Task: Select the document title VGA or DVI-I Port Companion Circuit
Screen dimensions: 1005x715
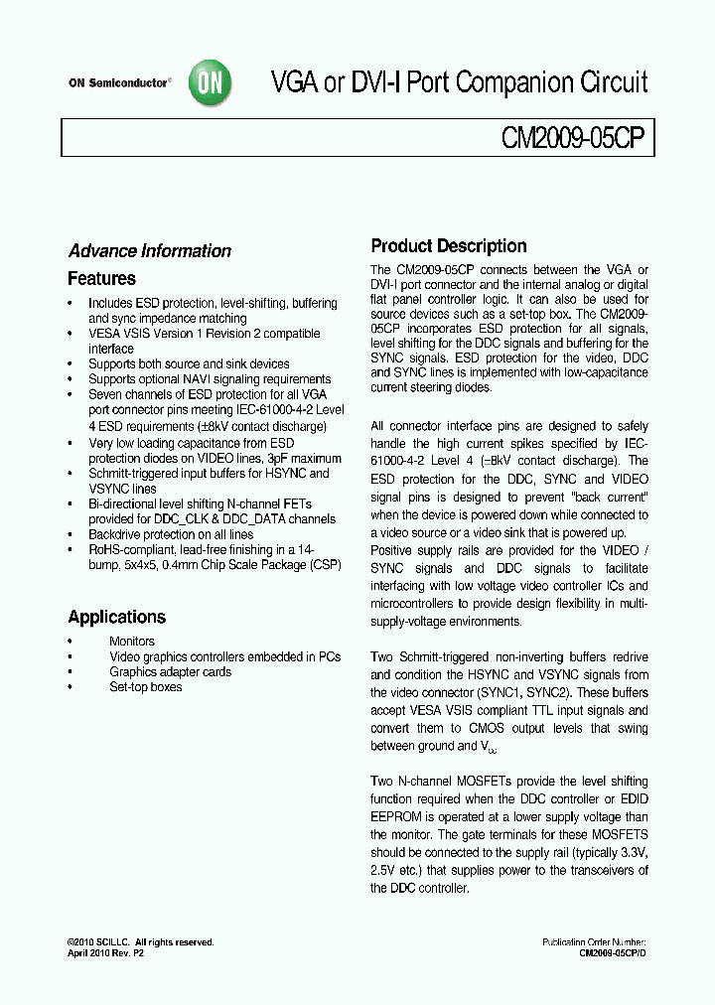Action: click(x=460, y=82)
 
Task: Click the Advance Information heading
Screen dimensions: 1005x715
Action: click(x=149, y=251)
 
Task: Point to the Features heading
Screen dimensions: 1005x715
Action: click(x=101, y=279)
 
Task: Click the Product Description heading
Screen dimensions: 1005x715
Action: click(x=448, y=246)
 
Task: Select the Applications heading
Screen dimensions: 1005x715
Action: click(x=116, y=617)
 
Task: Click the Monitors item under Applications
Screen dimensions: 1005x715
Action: click(x=131, y=642)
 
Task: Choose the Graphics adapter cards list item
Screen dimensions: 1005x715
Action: click(x=170, y=672)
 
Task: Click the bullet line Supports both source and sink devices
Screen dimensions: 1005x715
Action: click(x=189, y=364)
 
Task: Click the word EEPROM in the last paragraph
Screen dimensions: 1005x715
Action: click(x=399, y=817)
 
